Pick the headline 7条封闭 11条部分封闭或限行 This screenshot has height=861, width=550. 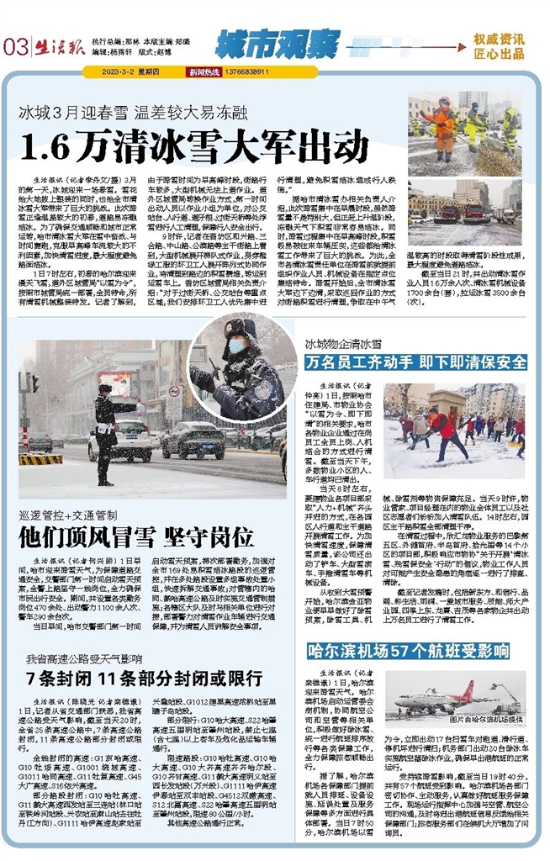[140, 678]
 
